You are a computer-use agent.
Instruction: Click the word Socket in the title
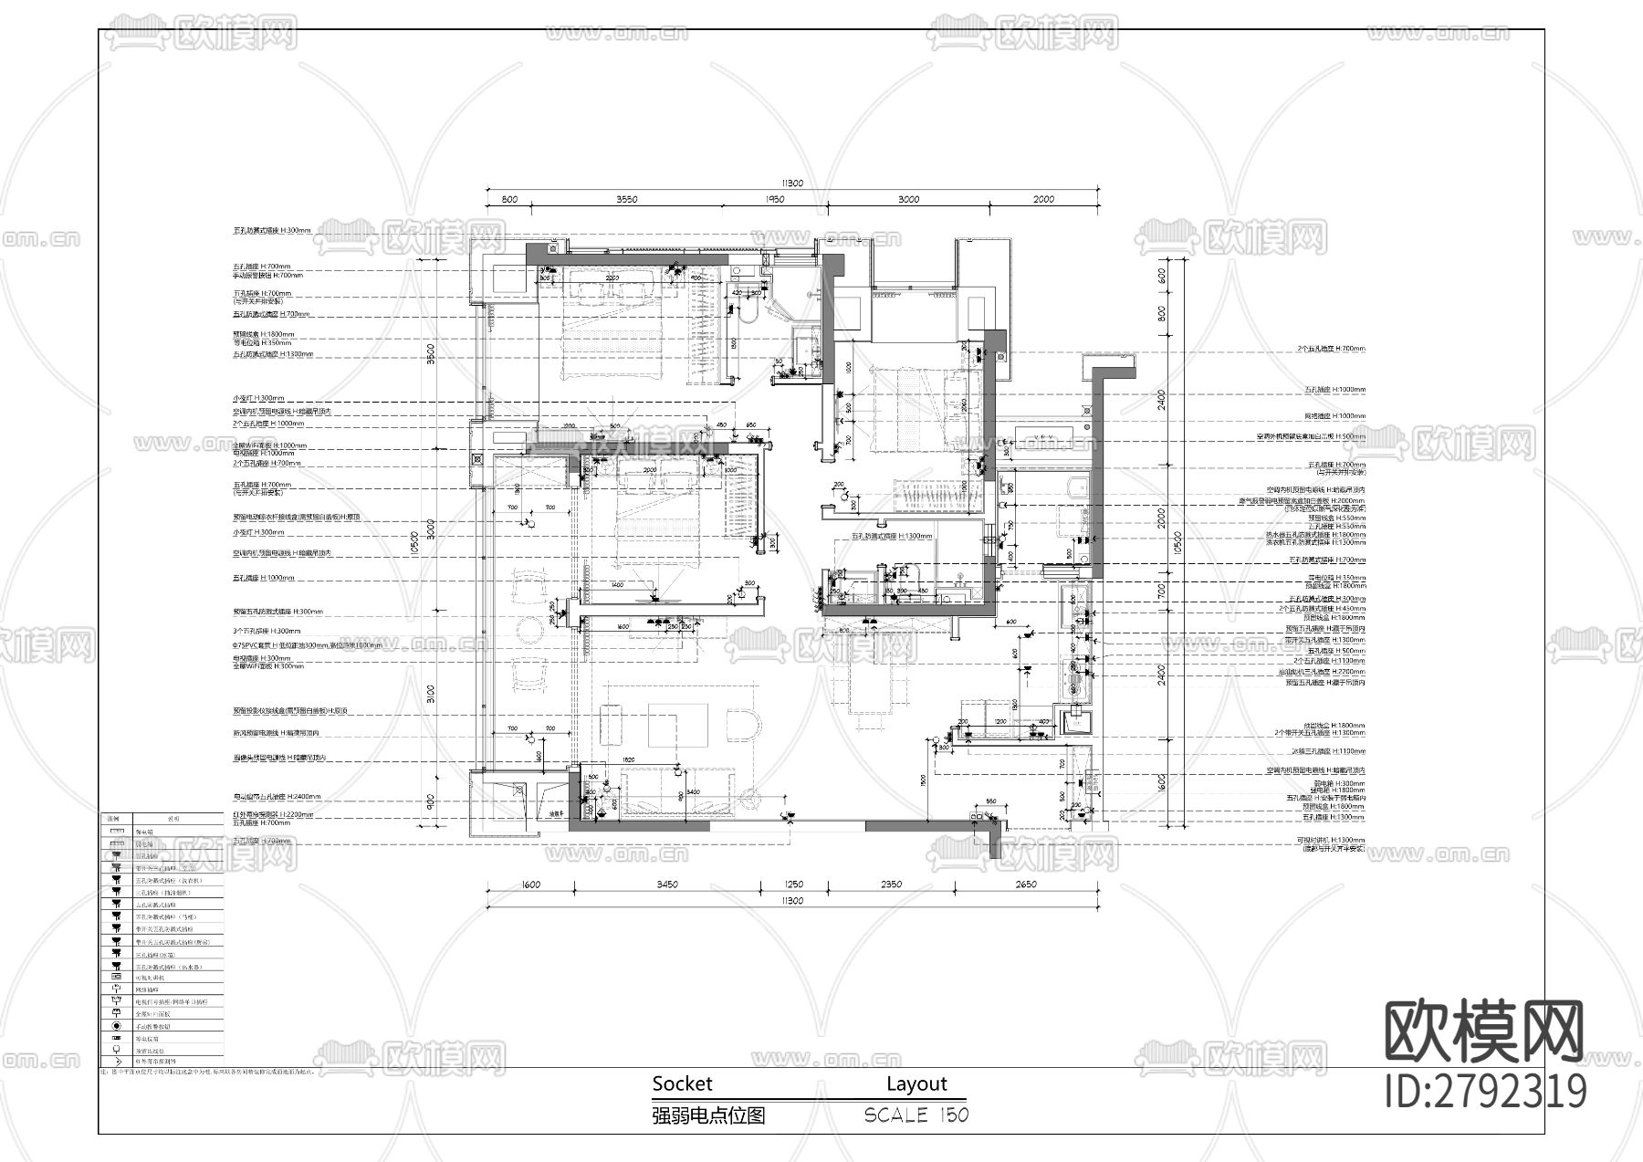coord(682,1083)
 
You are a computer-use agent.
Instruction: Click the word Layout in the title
coord(916,1083)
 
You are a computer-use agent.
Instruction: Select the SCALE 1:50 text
coord(916,1115)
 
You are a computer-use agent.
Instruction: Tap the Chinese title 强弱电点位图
coord(708,1115)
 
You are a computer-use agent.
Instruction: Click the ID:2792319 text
coord(1485,1091)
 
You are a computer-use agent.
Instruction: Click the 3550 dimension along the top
coord(626,199)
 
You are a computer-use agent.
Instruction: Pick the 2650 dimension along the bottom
coord(1026,884)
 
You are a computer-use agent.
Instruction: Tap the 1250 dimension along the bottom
coord(793,884)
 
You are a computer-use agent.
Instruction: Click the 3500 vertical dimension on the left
coord(430,352)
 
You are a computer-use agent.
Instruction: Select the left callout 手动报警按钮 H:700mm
coord(267,275)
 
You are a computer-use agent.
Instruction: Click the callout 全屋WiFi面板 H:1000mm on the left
coord(269,445)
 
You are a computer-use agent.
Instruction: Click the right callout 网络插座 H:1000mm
coord(1334,416)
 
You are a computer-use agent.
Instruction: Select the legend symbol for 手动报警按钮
coord(116,1026)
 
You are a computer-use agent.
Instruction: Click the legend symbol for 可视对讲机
coord(116,976)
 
